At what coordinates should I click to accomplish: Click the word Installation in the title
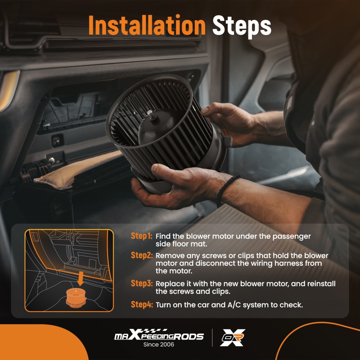click(147, 25)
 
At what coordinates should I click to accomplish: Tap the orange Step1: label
click(141, 236)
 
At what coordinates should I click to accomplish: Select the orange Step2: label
click(141, 255)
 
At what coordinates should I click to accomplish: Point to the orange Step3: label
click(141, 283)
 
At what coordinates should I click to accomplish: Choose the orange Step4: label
click(141, 305)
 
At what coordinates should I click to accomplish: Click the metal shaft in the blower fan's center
click(150, 114)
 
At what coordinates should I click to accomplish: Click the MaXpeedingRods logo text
click(159, 335)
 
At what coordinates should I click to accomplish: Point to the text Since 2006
click(159, 345)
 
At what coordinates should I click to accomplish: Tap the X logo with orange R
click(233, 338)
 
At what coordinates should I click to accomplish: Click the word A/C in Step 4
click(234, 305)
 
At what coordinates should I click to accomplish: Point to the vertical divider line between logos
click(212, 338)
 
